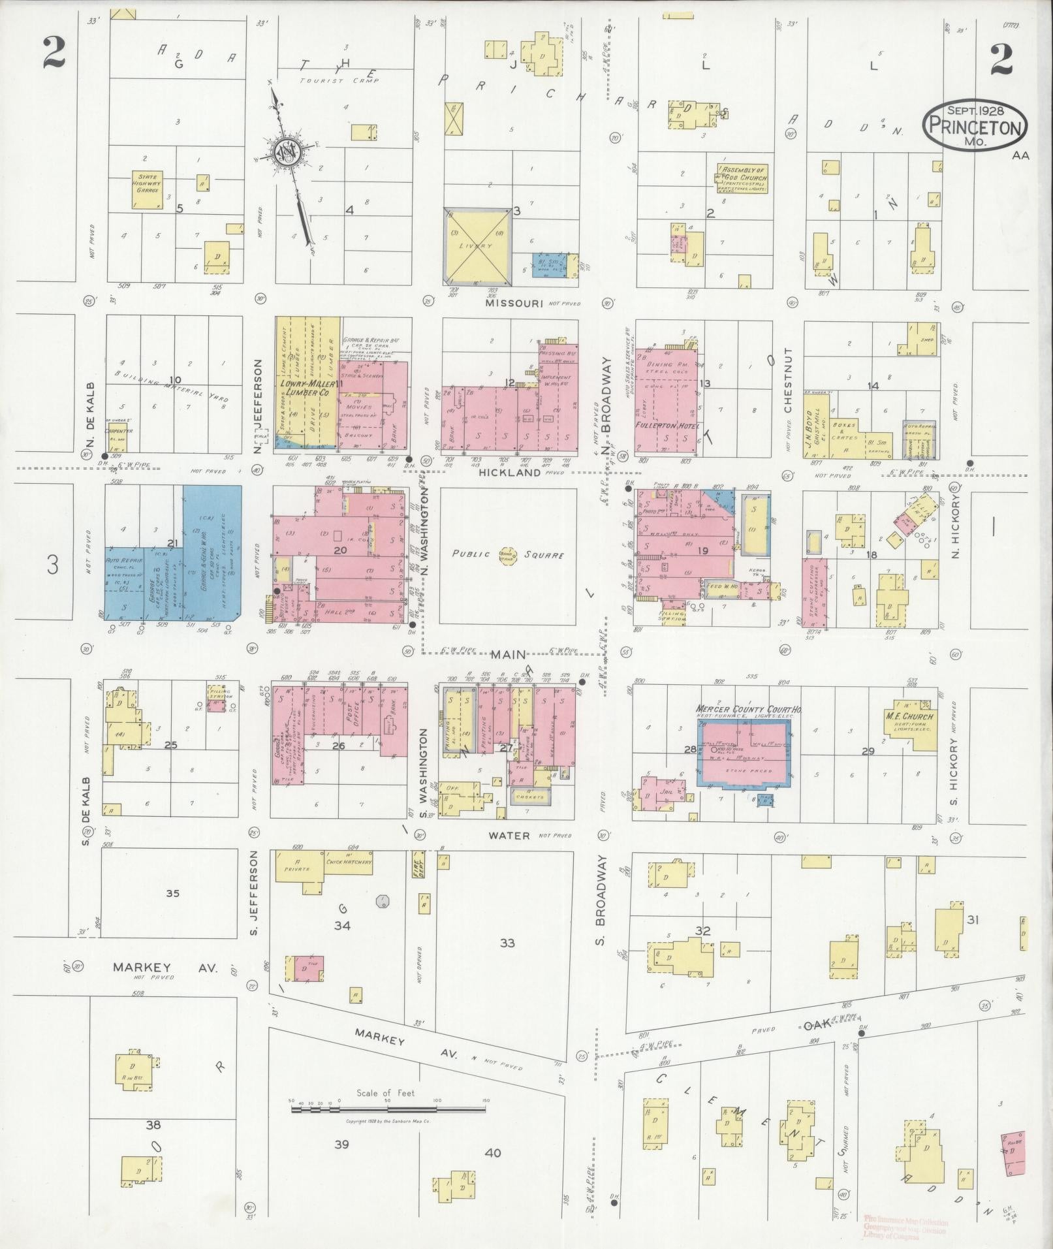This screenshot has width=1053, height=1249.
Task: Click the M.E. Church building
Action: (x=909, y=719)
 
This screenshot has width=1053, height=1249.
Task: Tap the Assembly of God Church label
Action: (x=742, y=178)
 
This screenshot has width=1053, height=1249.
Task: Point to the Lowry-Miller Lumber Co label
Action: (x=307, y=389)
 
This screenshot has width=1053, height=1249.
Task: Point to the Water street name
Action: (x=509, y=835)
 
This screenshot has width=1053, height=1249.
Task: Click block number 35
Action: (x=172, y=893)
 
